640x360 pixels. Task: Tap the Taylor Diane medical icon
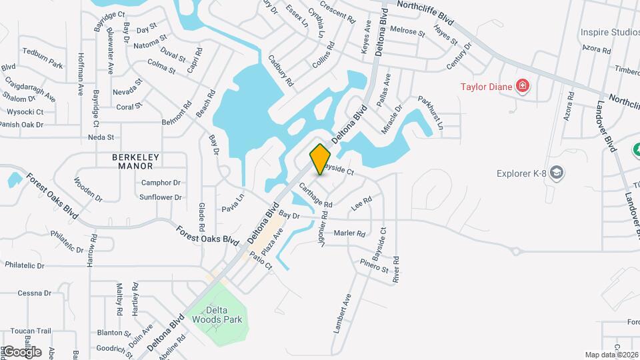pyautogui.click(x=523, y=86)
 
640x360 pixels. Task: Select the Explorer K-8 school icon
pyautogui.click(x=557, y=174)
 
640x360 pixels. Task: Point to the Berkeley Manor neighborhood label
pyautogui.click(x=136, y=161)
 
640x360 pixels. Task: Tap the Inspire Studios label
pyautogui.click(x=609, y=32)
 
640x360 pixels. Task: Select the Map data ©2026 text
pyautogui.click(x=611, y=355)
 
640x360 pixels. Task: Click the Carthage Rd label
pyautogui.click(x=315, y=194)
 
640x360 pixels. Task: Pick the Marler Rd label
pyautogui.click(x=349, y=233)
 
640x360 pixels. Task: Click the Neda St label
pyautogui.click(x=101, y=137)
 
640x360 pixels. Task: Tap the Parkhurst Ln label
pyautogui.click(x=431, y=108)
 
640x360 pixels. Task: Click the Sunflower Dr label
pyautogui.click(x=161, y=197)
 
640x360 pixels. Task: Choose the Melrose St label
pyautogui.click(x=407, y=31)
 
